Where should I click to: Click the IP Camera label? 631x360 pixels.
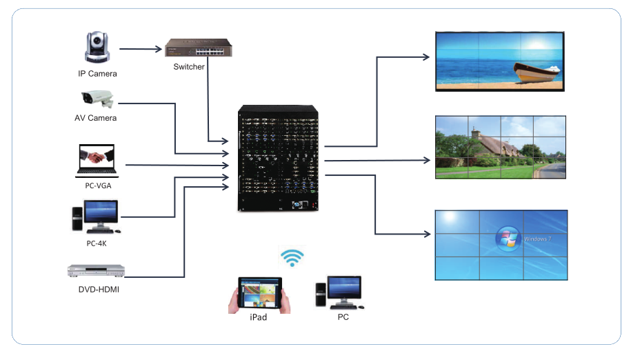pos(97,73)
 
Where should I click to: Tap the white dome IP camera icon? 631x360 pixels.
pos(97,48)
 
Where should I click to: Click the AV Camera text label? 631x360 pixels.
pos(96,118)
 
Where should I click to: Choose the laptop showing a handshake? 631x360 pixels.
pos(97,159)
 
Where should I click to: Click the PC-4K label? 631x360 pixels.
pos(97,243)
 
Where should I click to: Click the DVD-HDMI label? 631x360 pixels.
pos(96,290)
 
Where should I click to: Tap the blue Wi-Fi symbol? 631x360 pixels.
pos(292,258)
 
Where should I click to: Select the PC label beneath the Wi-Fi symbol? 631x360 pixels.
pos(343,317)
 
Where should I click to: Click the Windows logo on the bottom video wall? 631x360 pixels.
pos(509,239)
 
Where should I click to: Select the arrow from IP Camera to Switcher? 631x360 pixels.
pos(140,49)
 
